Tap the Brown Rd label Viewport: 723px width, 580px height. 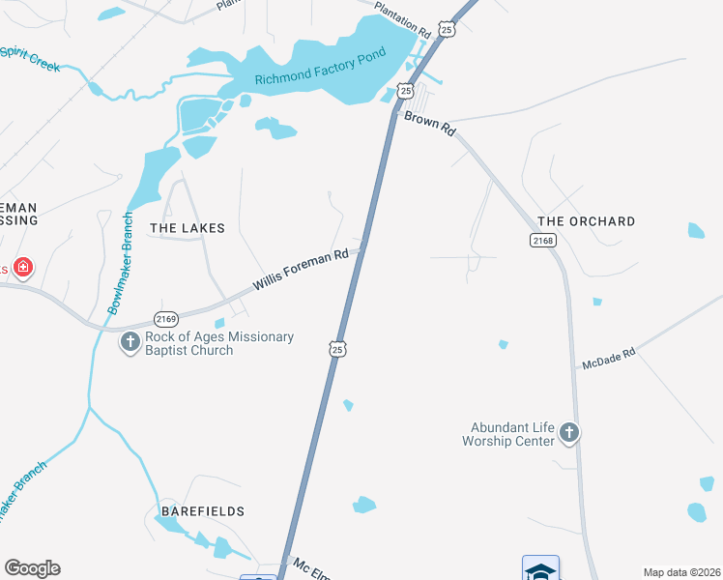click(x=429, y=123)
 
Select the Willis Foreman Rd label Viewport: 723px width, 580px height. click(x=301, y=270)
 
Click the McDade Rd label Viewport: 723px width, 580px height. click(x=608, y=360)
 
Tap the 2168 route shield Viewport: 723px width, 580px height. click(x=543, y=240)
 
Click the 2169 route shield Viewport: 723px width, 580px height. click(x=166, y=319)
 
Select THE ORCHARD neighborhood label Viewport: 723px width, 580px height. click(x=587, y=221)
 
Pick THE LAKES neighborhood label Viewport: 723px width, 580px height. click(x=188, y=229)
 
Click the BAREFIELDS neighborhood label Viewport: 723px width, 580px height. click(x=203, y=510)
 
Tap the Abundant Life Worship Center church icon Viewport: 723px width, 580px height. click(x=569, y=433)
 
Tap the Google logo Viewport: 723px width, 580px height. click(x=32, y=568)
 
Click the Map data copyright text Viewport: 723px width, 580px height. click(x=681, y=572)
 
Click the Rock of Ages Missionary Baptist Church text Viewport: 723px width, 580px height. click(x=218, y=343)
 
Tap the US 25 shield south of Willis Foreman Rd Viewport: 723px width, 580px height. click(x=336, y=349)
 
